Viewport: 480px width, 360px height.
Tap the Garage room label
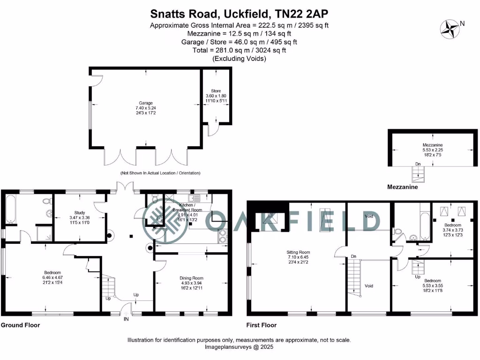click(x=145, y=103)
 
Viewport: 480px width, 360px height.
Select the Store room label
click(x=216, y=91)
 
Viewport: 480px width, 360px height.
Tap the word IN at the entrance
click(x=126, y=319)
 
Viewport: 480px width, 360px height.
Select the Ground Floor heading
click(x=20, y=325)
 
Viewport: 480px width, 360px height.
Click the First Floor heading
click(x=262, y=325)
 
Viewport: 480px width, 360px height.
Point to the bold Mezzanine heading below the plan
click(x=402, y=187)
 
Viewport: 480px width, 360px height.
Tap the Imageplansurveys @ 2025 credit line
click(x=239, y=347)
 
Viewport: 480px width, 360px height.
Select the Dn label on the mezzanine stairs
click(x=418, y=164)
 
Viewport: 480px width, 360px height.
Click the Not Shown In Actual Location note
click(x=160, y=173)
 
